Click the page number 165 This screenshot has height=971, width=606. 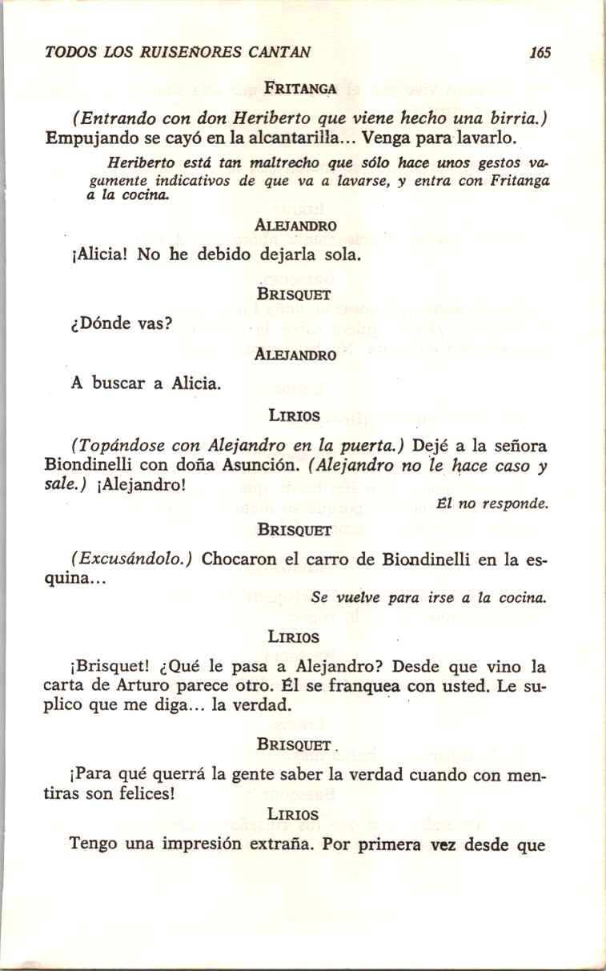click(540, 54)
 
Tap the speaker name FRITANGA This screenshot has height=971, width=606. click(301, 88)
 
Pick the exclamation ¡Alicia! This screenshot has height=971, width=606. click(101, 256)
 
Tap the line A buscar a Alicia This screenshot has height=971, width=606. click(145, 383)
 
